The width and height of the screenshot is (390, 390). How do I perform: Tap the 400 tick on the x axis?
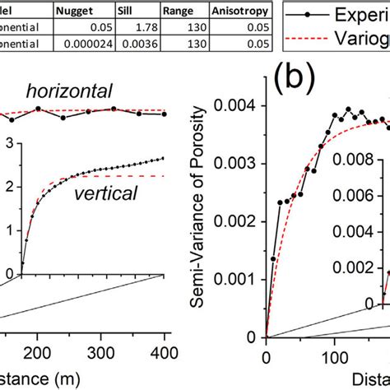pos(328,355)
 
